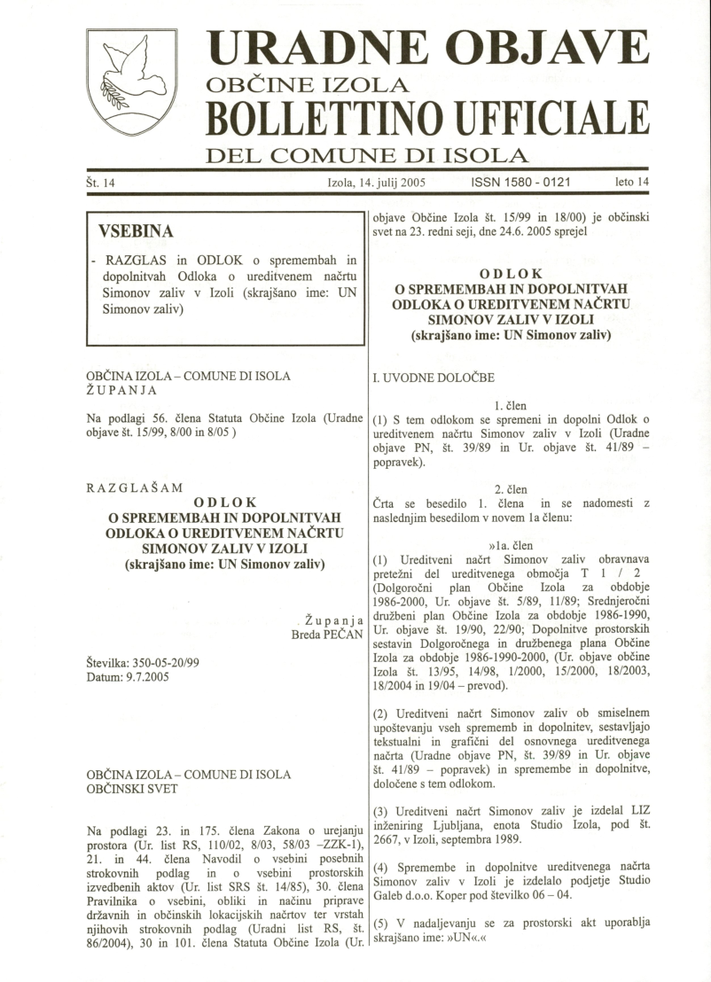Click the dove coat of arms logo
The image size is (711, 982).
coord(131,82)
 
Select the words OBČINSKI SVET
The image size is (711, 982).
coord(133,788)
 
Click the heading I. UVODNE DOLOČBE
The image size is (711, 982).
coord(434,378)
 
